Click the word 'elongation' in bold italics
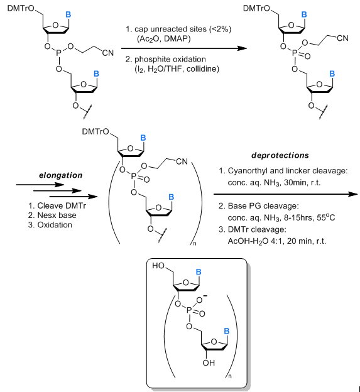[61, 175]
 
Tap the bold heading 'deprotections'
[280, 156]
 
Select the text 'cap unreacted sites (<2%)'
[183, 30]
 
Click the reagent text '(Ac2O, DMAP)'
[164, 39]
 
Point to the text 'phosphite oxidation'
[170, 59]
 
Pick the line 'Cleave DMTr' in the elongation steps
[62, 206]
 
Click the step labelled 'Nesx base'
[57, 215]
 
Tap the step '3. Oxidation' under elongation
[50, 225]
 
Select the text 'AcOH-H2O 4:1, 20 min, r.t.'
[277, 241]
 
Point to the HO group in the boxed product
[158, 266]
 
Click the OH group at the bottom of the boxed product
[209, 362]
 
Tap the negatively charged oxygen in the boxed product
[200, 300]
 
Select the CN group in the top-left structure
[108, 53]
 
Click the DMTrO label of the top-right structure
[257, 8]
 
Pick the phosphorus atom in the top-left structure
[59, 53]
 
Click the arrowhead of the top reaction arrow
[243, 48]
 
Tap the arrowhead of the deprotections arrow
[354, 194]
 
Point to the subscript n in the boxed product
[230, 376]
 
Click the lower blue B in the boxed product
[227, 331]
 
